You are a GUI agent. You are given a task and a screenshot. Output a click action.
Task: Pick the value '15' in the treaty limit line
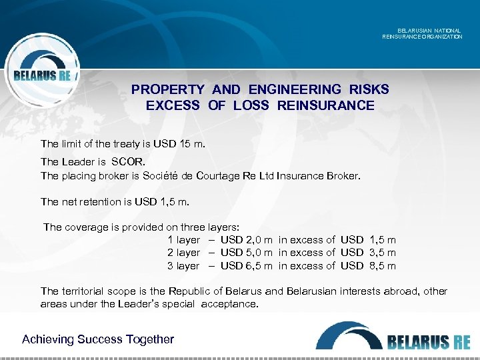click(187, 143)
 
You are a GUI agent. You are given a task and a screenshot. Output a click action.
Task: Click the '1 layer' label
click(183, 239)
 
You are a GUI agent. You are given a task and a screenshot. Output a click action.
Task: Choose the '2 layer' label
click(183, 253)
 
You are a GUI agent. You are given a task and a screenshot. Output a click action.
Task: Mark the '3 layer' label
click(183, 266)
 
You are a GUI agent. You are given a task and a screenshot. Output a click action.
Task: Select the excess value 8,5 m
click(383, 266)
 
